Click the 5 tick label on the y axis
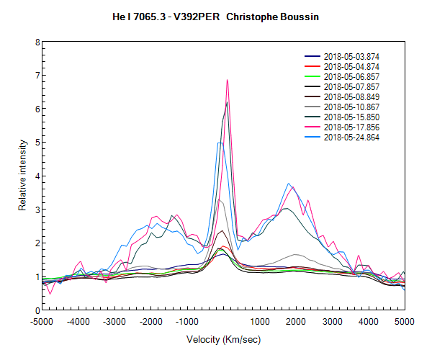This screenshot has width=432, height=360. (36, 143)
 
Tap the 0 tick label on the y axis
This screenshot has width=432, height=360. (36, 310)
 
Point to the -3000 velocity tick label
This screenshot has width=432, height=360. (114, 321)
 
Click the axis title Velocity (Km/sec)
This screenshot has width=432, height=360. (223, 340)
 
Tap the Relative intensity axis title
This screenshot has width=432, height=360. (23, 176)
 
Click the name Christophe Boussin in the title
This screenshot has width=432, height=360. (279, 16)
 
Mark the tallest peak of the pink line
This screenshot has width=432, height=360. (228, 80)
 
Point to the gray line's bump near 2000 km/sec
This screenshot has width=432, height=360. (296, 255)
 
